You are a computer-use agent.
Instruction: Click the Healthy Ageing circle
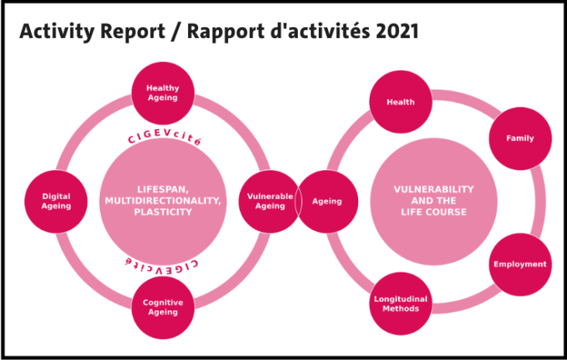pyautogui.click(x=162, y=93)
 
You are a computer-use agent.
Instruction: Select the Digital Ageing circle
pyautogui.click(x=56, y=201)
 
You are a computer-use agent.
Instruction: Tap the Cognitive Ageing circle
pyautogui.click(x=162, y=307)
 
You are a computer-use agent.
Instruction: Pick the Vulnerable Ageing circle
pyautogui.click(x=269, y=201)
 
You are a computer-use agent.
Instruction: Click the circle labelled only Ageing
pyautogui.click(x=327, y=201)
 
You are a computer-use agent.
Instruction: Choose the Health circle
pyautogui.click(x=401, y=101)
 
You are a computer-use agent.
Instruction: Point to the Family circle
pyautogui.click(x=521, y=139)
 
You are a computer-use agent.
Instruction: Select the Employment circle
pyautogui.click(x=521, y=264)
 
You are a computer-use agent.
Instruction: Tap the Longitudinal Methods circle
pyautogui.click(x=401, y=303)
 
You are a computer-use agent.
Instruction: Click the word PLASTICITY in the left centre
pyautogui.click(x=163, y=212)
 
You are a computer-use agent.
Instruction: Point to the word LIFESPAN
pyautogui.click(x=163, y=190)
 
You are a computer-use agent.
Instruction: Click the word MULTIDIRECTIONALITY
pyautogui.click(x=163, y=201)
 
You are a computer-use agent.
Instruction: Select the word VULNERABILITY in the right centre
pyautogui.click(x=434, y=190)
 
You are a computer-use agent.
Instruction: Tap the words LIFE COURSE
pyautogui.click(x=434, y=212)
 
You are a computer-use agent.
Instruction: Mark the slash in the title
pyautogui.click(x=176, y=32)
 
